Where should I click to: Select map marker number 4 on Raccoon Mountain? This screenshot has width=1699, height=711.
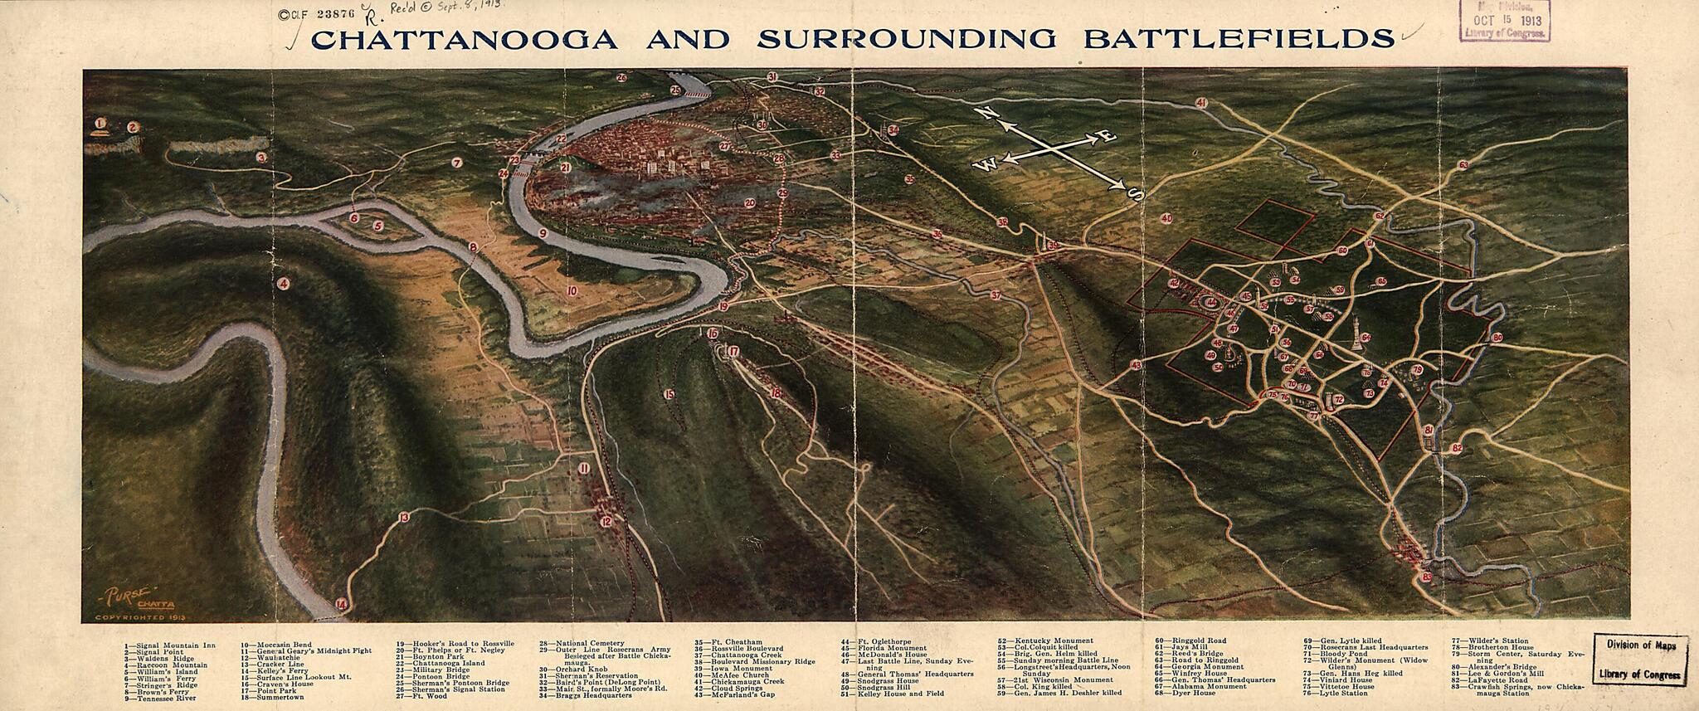[284, 284]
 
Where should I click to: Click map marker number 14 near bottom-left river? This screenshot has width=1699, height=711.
[341, 606]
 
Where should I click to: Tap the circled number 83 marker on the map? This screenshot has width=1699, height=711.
[1427, 577]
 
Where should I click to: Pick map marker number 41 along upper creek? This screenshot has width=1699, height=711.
[1200, 103]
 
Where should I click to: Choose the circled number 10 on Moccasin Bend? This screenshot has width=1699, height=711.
[572, 290]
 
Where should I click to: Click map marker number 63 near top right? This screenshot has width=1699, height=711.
[1463, 165]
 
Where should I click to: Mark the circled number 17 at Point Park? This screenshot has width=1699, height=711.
[734, 351]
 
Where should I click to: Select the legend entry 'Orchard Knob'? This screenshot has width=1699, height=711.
[580, 669]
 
